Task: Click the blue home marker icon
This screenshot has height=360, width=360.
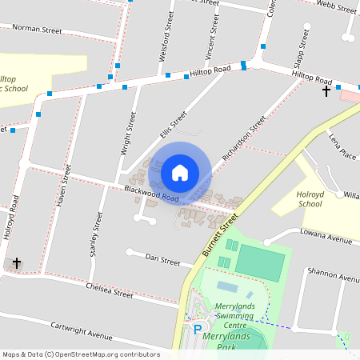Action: click(180, 172)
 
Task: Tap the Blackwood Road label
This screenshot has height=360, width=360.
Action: click(151, 193)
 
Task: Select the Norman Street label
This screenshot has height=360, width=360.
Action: click(37, 30)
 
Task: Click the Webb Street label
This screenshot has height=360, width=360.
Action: click(336, 8)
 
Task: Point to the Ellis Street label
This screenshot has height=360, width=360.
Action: click(173, 124)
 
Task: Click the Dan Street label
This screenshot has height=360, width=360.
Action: click(163, 258)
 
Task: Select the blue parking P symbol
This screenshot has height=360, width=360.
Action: click(198, 328)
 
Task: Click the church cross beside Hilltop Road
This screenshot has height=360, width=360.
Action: click(326, 92)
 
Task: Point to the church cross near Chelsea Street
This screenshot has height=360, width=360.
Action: click(16, 262)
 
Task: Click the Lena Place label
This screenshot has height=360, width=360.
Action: click(342, 146)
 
